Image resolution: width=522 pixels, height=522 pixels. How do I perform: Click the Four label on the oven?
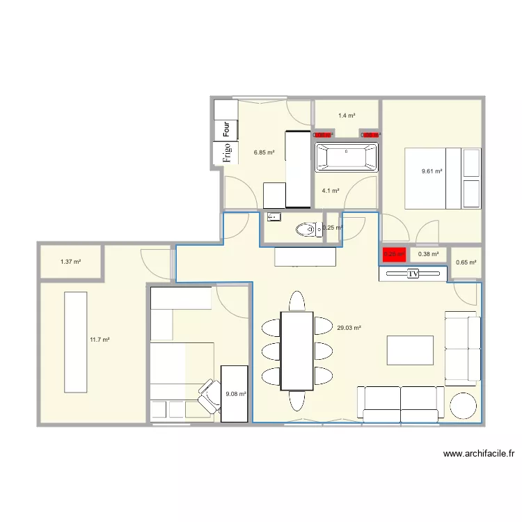coord(226,129)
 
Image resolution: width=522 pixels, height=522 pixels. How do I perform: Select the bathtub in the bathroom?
coord(347,157)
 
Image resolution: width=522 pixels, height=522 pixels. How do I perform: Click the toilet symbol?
coord(306,228)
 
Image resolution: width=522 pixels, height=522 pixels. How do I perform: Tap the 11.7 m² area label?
coord(100,340)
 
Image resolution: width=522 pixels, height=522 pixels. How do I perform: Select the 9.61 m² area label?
coord(432,171)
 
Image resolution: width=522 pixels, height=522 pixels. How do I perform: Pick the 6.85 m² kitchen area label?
coord(264,152)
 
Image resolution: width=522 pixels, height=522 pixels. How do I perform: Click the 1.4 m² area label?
coord(347,116)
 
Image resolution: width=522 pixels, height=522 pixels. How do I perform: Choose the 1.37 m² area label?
coord(70,262)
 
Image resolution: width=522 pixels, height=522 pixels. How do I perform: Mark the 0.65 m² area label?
coord(466,262)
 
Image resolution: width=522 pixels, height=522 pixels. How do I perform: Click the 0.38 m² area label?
coord(428,254)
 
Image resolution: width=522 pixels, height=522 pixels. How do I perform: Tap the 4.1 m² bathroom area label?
coord(330,190)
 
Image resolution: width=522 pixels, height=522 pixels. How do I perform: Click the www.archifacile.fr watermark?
coord(479,454)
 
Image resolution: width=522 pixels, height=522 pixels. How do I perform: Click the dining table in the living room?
coord(297,351)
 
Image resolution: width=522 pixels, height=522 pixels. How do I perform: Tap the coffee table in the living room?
coord(410,350)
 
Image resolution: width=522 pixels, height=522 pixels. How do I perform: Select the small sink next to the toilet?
coord(274,216)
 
